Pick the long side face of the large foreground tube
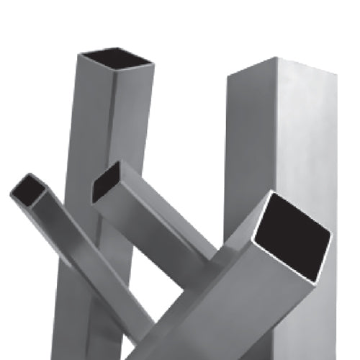(x=238, y=302)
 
